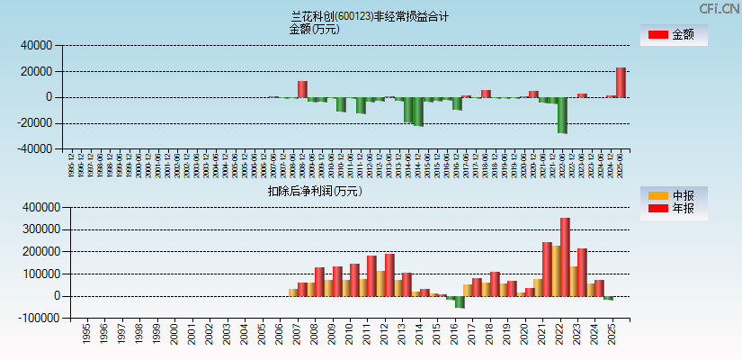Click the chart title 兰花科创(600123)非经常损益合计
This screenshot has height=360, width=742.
pyautogui.click(x=370, y=16)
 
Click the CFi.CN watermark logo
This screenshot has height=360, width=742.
pyautogui.click(x=720, y=8)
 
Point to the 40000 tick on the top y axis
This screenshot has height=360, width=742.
pyautogui.click(x=39, y=45)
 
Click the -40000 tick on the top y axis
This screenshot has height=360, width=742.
pyautogui.click(x=37, y=149)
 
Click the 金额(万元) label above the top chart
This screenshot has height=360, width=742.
pyautogui.click(x=314, y=29)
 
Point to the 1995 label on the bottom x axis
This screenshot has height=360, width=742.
pyautogui.click(x=85, y=334)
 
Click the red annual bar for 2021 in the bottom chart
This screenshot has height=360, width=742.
pyautogui.click(x=547, y=268)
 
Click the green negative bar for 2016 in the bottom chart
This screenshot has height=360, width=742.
pyautogui.click(x=460, y=301)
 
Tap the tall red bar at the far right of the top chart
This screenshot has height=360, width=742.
pyautogui.click(x=621, y=82)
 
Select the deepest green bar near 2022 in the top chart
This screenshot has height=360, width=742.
pyautogui.click(x=562, y=114)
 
